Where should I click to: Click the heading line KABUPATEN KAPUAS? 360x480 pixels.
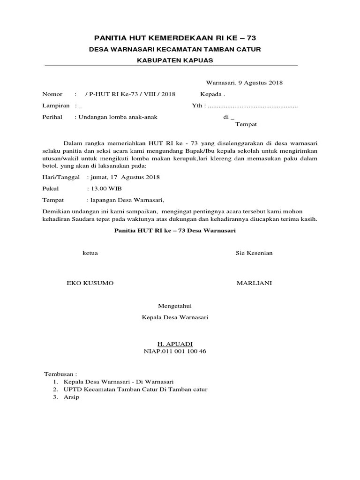(175, 60)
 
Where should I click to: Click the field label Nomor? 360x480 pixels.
(52, 94)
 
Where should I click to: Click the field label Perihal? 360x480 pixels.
(52, 117)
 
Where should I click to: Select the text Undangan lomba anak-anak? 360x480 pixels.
(117, 117)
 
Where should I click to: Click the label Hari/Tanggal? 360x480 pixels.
(61, 177)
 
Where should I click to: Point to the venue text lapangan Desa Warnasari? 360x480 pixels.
(127, 200)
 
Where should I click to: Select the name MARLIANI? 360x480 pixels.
(254, 284)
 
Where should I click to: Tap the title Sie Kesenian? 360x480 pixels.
(254, 253)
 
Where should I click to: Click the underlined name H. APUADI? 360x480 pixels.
(175, 344)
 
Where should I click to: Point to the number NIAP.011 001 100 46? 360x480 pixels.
(175, 351)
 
